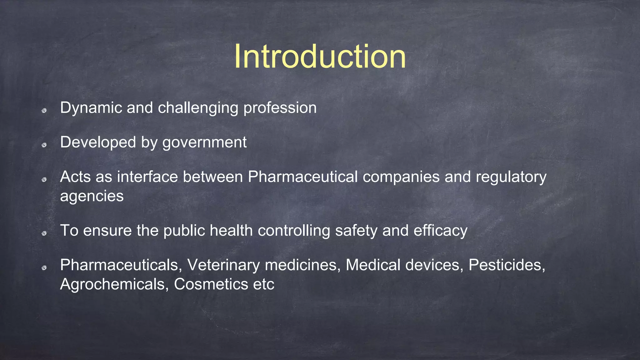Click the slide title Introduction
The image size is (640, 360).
[x=320, y=57]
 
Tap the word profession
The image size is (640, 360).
[x=280, y=108]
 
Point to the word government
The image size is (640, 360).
[x=204, y=143]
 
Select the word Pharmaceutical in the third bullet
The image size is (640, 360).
[x=302, y=177]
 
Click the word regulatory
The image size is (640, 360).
[x=511, y=177]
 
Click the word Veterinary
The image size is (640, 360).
[x=223, y=265]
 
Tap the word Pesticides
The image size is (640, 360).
[x=507, y=265]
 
